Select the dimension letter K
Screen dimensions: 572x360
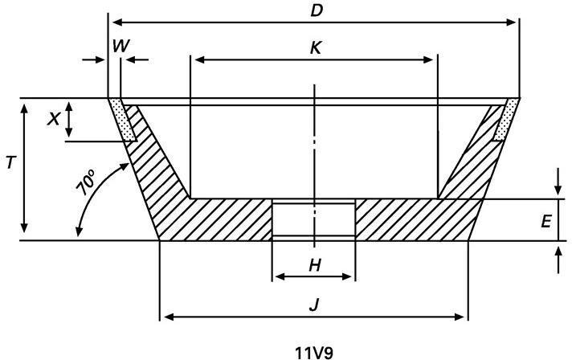pos(316,47)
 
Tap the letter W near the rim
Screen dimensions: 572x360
pos(121,47)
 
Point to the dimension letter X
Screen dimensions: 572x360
pos(53,119)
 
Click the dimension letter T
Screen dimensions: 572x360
pos(10,162)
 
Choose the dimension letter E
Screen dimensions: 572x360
pos(545,221)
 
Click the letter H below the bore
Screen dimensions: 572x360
pos(314,265)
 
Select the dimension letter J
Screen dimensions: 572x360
pos(314,305)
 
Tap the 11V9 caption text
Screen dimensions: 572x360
pos(314,353)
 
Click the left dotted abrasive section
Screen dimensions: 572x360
pos(123,119)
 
